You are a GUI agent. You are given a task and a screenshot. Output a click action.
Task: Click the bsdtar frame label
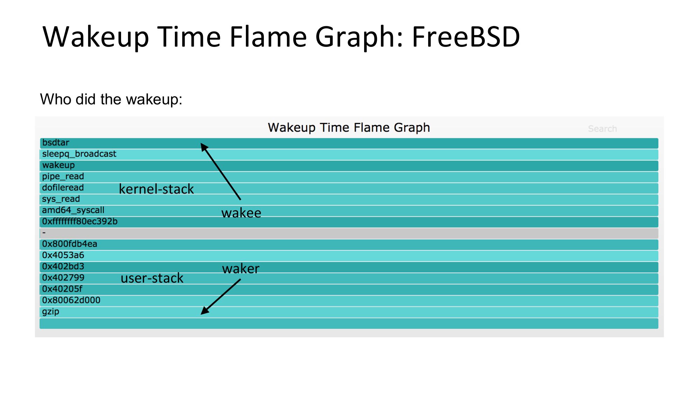56,143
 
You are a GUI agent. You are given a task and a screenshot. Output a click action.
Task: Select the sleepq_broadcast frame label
79,154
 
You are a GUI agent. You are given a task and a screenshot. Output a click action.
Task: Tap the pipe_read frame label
63,177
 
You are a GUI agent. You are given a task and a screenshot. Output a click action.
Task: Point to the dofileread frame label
63,188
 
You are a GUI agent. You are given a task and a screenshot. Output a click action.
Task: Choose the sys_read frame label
61,199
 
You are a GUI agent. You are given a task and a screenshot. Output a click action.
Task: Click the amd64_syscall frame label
73,210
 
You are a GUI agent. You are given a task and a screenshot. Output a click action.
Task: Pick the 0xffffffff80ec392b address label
80,221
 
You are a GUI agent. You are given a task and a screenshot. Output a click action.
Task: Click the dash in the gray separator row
44,233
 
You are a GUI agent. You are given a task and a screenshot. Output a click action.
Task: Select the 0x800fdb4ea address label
70,244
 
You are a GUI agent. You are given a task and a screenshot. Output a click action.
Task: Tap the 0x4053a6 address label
63,255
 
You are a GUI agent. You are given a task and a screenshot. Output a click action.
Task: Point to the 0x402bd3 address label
63,266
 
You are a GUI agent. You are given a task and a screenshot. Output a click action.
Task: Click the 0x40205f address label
62,289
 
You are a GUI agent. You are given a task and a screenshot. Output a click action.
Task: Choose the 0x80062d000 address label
71,300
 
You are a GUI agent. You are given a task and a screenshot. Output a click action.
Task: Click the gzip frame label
51,312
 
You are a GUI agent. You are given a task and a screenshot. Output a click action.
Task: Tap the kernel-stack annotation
156,189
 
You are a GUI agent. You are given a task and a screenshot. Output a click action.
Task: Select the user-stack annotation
152,278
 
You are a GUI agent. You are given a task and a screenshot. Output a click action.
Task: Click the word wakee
241,213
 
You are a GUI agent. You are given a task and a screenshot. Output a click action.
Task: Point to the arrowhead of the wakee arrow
201,143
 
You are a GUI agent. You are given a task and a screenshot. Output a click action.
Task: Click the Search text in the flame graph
602,129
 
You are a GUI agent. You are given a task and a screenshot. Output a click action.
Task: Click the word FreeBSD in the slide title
466,37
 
